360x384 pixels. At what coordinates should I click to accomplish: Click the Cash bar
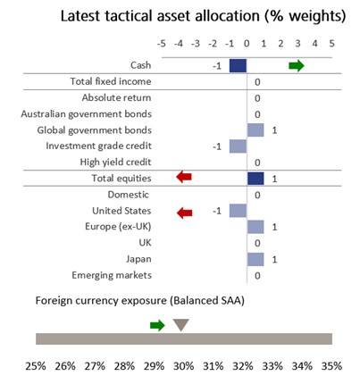click(x=238, y=65)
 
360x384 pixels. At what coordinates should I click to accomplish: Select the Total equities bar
click(x=255, y=178)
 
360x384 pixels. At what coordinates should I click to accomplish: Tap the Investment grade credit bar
click(x=238, y=146)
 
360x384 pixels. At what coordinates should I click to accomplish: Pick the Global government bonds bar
click(x=255, y=129)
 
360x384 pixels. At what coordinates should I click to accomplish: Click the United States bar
click(x=238, y=210)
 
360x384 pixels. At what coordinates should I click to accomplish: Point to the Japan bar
click(x=255, y=259)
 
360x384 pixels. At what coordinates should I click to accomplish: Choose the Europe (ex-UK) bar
click(x=255, y=227)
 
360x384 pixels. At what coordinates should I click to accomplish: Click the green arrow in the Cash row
click(x=296, y=65)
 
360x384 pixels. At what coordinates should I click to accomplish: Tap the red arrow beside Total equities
click(x=185, y=178)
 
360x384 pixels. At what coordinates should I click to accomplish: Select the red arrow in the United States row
click(x=185, y=211)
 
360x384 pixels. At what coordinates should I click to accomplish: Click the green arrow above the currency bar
click(x=157, y=324)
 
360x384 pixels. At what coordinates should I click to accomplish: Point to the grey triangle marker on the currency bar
click(x=180, y=325)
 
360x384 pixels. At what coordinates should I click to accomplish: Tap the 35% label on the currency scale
click(x=331, y=366)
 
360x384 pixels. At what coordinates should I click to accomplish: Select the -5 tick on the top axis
click(x=161, y=43)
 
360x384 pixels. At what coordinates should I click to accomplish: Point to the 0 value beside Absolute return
click(x=257, y=97)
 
